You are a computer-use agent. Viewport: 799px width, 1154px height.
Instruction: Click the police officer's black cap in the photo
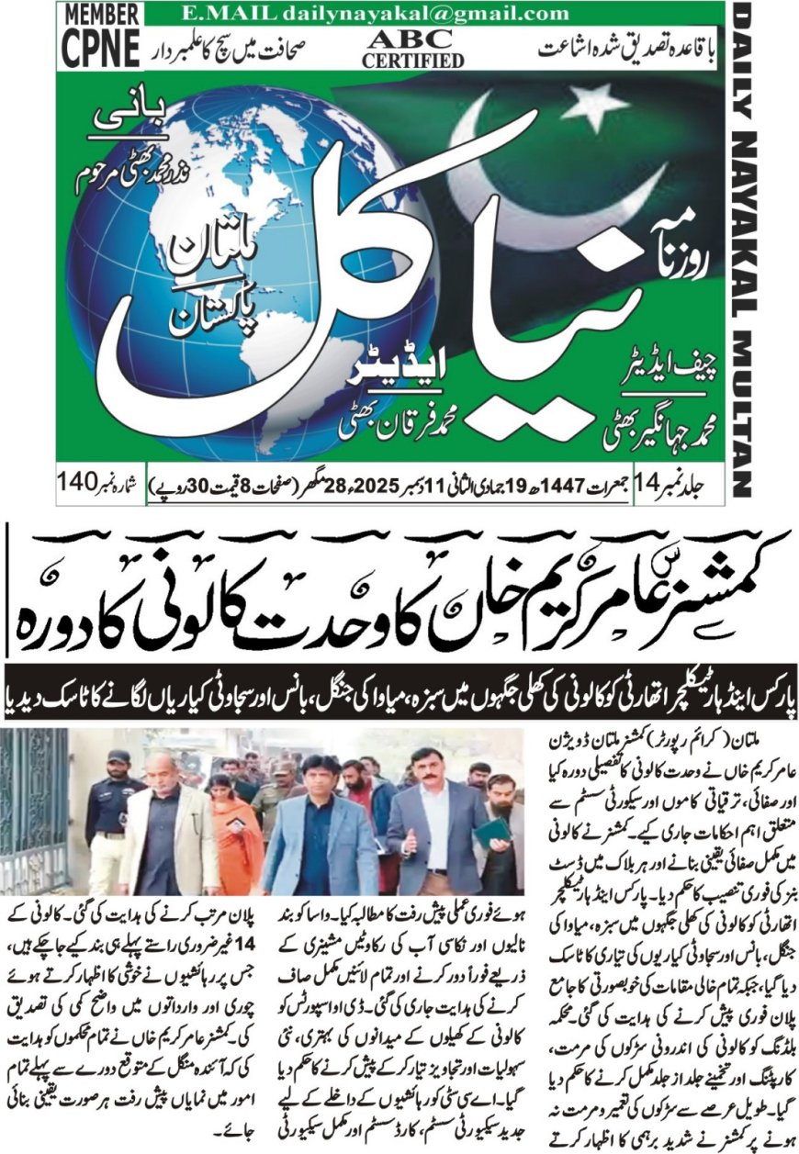click(118, 757)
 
